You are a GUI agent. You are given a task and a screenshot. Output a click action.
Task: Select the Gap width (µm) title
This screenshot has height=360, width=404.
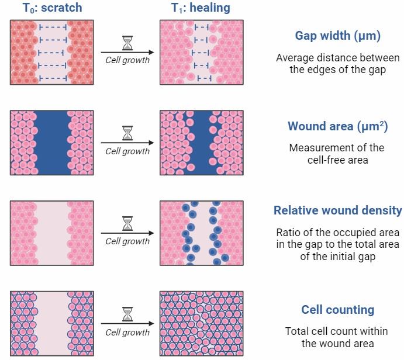337,36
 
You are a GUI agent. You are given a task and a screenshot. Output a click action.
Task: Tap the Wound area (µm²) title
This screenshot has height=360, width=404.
337,126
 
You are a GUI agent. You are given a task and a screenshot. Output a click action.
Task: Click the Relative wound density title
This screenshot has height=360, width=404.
337,210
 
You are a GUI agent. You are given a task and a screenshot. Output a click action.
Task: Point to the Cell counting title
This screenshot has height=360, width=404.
337,310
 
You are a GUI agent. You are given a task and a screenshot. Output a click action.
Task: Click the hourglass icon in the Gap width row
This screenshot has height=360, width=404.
127,43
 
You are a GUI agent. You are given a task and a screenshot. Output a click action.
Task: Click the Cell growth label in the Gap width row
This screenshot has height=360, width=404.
127,60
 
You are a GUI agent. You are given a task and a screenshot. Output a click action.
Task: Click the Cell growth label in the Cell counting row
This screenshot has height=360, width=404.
127,332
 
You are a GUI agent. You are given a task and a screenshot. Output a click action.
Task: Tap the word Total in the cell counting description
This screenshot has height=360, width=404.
297,331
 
